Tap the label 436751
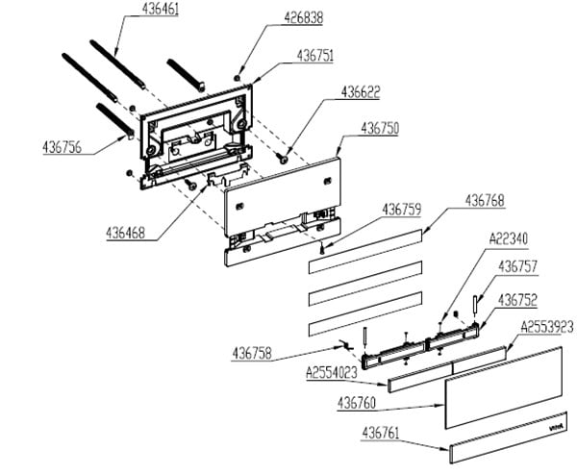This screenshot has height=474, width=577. (x=315, y=57)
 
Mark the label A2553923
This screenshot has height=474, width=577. (x=547, y=327)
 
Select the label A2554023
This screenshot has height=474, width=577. (x=332, y=371)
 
